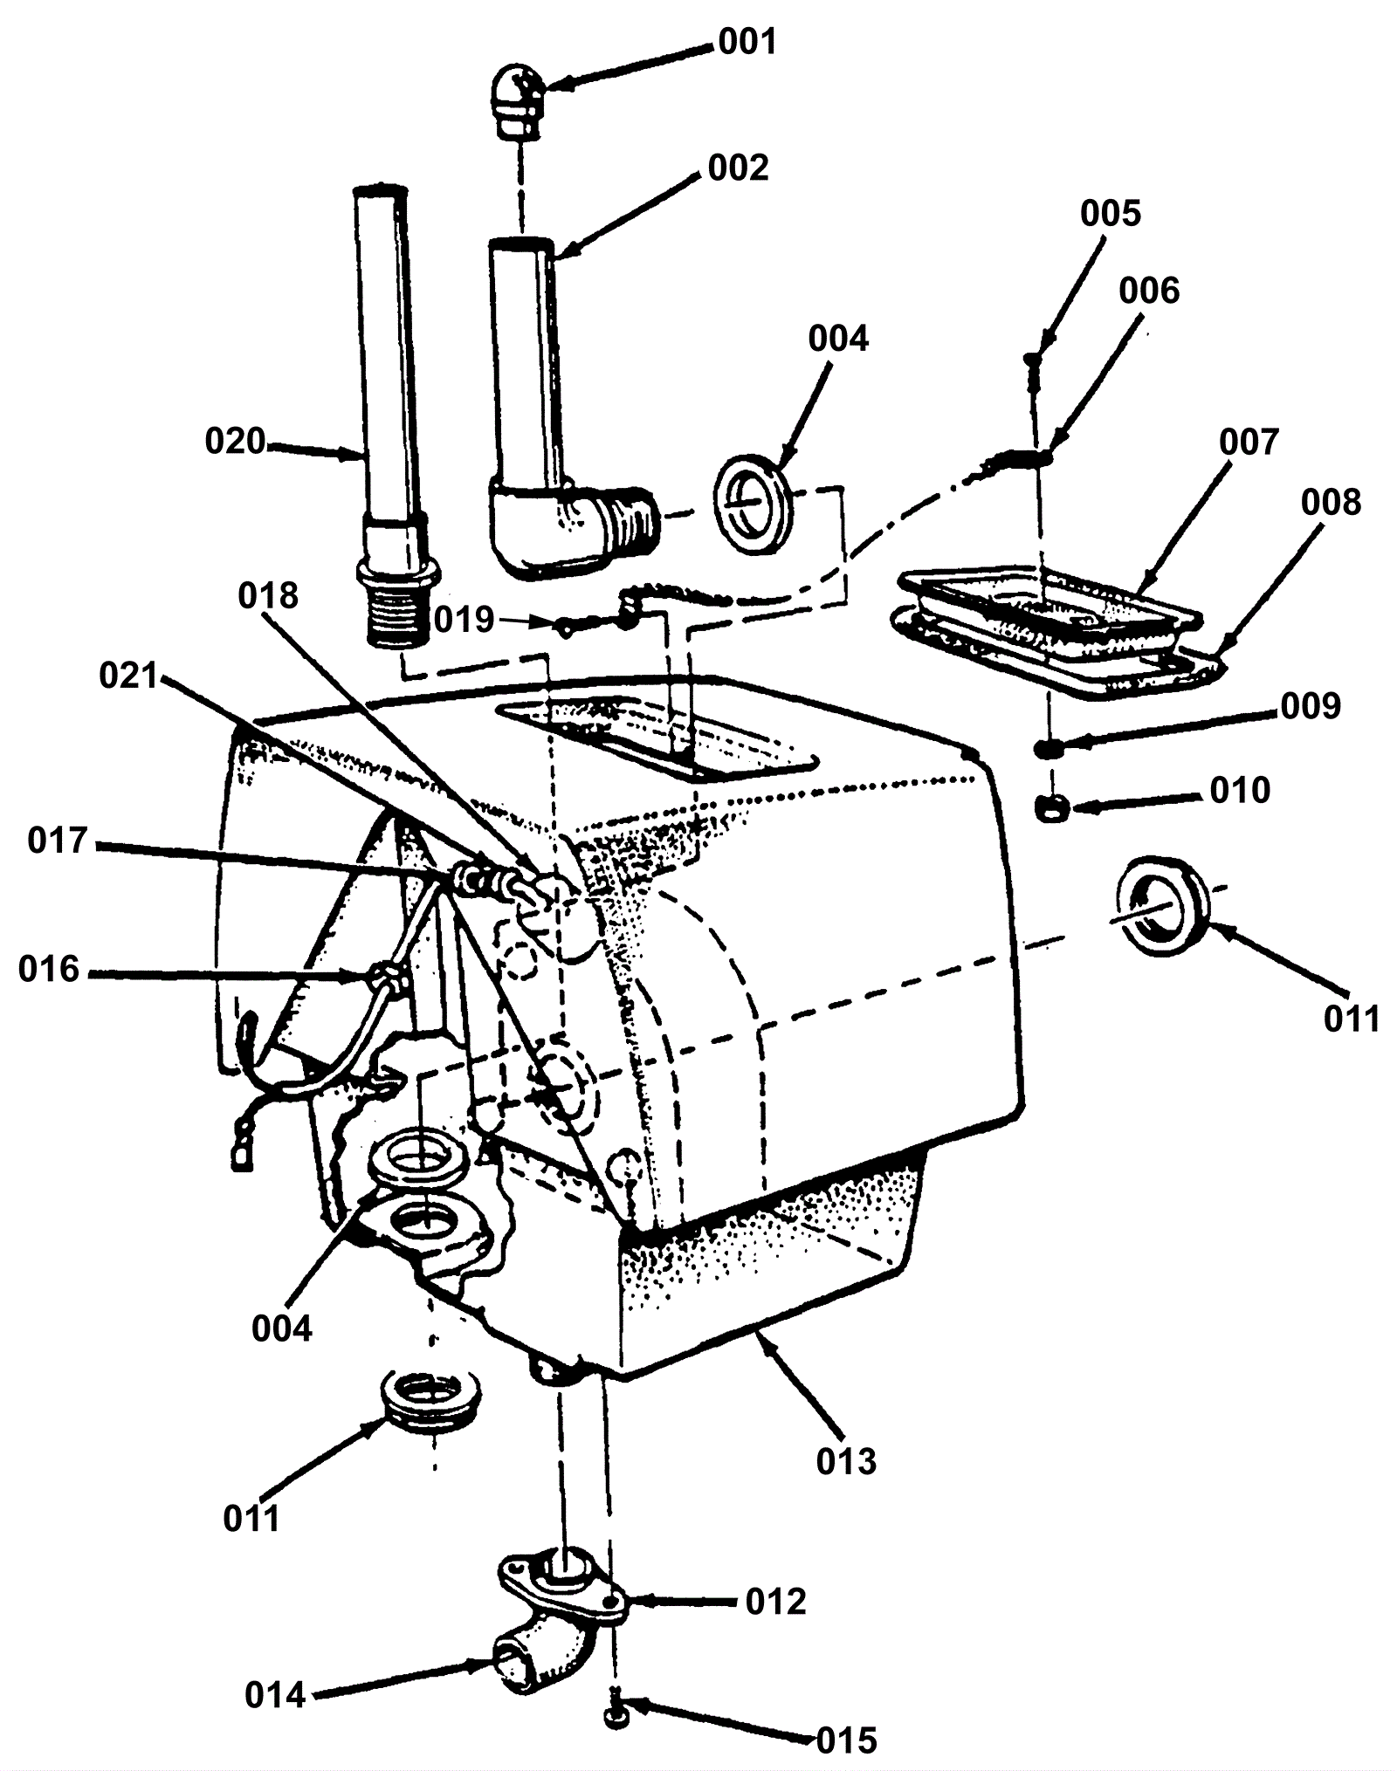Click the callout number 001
click(x=747, y=42)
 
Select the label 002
click(x=738, y=168)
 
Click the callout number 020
click(x=235, y=442)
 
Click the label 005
click(x=1111, y=214)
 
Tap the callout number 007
click(x=1249, y=443)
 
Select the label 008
click(x=1331, y=503)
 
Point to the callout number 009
click(x=1311, y=705)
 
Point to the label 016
click(x=49, y=969)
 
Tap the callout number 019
click(x=465, y=620)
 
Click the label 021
click(x=128, y=676)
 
